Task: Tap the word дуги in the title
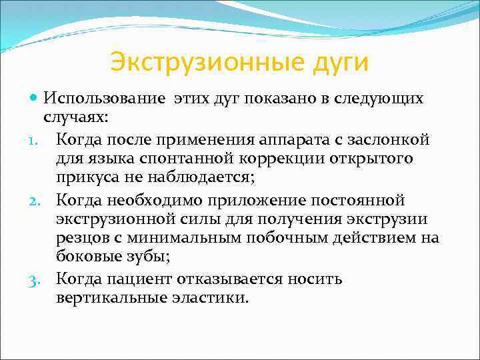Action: (x=339, y=64)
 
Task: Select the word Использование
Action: (x=105, y=99)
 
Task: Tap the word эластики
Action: (x=211, y=297)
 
